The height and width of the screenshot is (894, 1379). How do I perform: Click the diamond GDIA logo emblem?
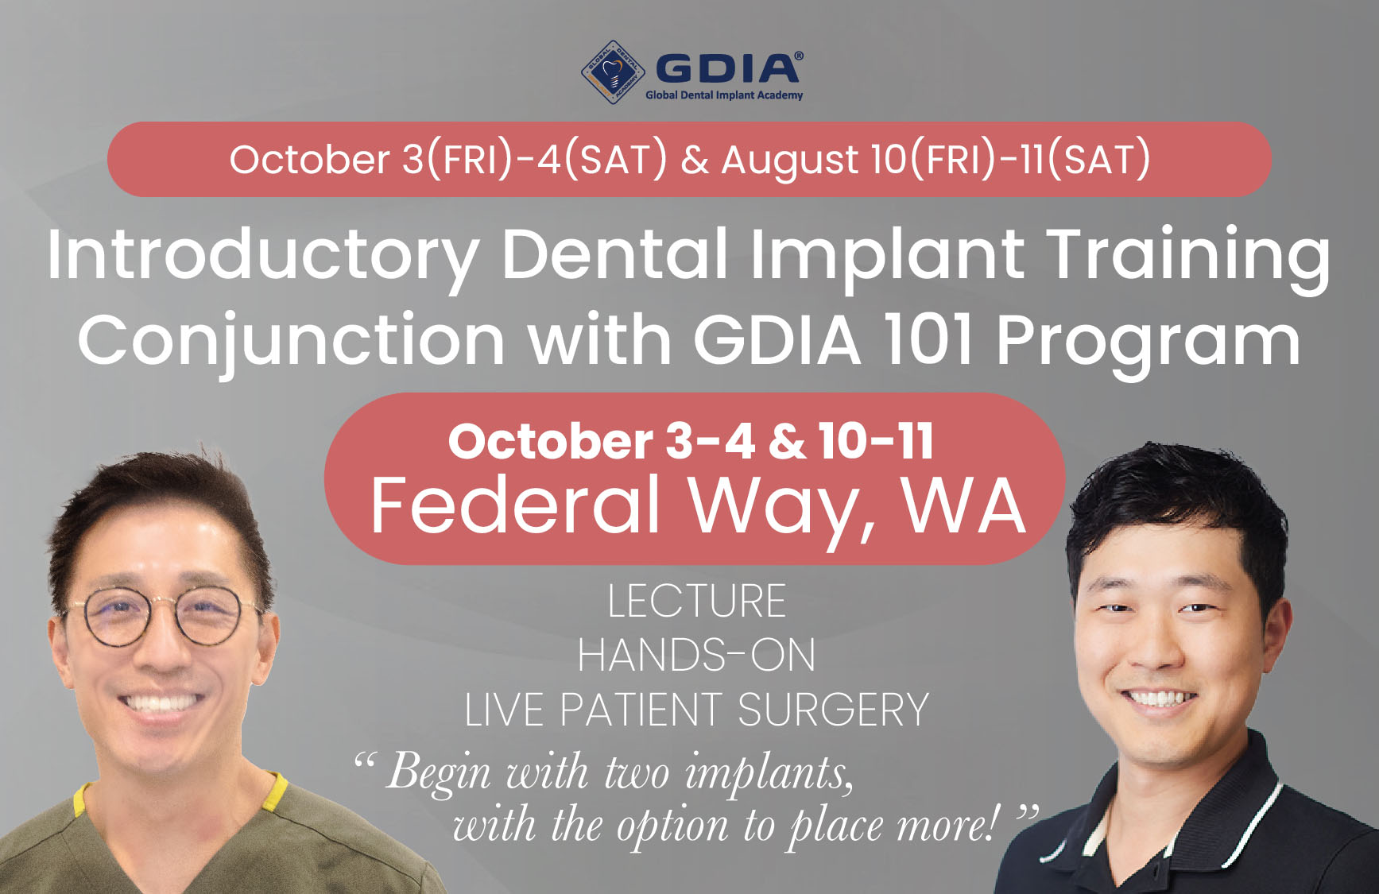[x=613, y=72]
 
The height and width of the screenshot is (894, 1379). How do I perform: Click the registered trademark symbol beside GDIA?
[x=798, y=56]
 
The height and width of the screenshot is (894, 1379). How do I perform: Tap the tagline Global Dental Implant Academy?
[x=724, y=95]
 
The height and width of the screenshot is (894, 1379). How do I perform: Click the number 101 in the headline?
[x=928, y=339]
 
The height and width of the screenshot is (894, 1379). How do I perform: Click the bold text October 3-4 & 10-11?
[x=691, y=441]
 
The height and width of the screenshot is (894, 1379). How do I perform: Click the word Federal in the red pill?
[x=516, y=505]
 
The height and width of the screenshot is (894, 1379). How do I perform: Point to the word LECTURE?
[x=697, y=602]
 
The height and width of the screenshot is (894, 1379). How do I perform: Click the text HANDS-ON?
[x=696, y=656]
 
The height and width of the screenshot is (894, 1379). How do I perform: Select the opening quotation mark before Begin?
[x=365, y=764]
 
